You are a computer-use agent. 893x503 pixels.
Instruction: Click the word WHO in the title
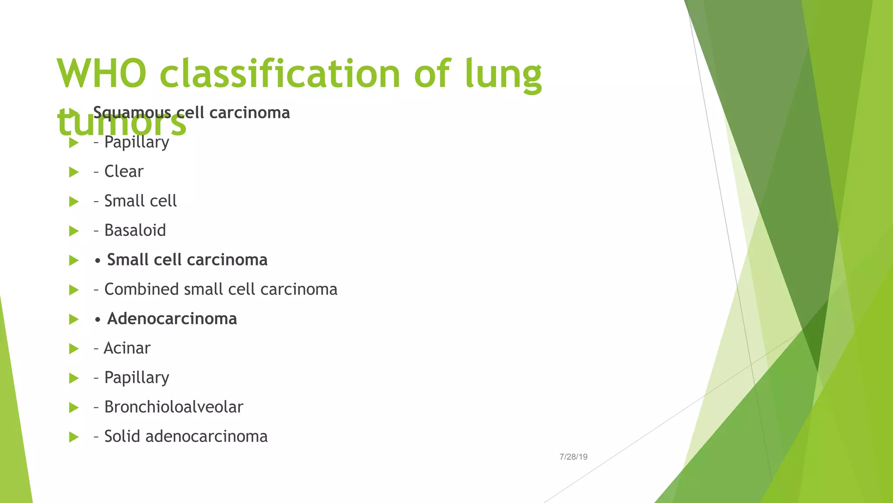click(x=101, y=73)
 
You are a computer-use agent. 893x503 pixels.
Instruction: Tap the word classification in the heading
click(x=279, y=73)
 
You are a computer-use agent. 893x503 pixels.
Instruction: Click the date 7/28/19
click(x=573, y=457)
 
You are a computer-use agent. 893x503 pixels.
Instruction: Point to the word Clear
click(x=124, y=172)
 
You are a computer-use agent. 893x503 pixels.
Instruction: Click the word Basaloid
click(x=135, y=231)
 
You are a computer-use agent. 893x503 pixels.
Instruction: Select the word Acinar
click(x=127, y=348)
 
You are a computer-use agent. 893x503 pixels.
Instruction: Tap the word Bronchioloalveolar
click(x=174, y=407)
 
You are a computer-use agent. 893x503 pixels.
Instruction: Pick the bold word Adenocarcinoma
click(x=172, y=319)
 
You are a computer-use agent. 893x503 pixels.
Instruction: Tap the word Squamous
click(x=132, y=113)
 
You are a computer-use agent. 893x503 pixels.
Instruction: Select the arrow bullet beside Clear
click(x=74, y=172)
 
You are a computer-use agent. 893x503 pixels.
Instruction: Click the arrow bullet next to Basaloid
click(x=74, y=231)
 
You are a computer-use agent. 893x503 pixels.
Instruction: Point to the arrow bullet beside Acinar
click(x=74, y=349)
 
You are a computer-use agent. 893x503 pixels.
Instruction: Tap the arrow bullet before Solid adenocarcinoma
click(x=74, y=437)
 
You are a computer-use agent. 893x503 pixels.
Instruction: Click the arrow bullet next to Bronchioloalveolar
click(x=74, y=408)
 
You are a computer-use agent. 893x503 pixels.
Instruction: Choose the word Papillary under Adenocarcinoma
click(x=136, y=378)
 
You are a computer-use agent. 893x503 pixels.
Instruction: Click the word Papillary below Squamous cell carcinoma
click(x=136, y=142)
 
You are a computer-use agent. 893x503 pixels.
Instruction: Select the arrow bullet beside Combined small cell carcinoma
click(x=74, y=290)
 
